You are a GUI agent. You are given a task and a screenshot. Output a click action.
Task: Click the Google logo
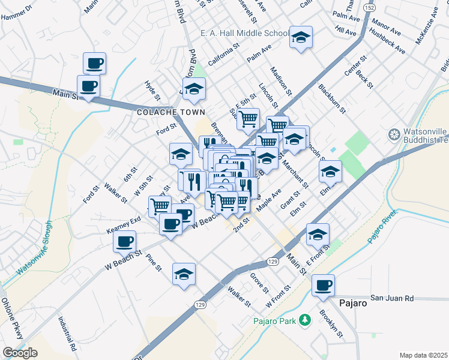20,353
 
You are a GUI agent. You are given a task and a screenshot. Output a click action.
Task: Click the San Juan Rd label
392,298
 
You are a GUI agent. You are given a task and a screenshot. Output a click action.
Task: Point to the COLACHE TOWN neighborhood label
171,112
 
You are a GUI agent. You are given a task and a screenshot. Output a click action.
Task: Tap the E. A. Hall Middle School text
244,34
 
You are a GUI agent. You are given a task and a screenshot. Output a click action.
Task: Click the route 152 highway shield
370,8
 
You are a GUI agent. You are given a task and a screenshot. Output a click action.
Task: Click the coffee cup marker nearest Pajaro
323,286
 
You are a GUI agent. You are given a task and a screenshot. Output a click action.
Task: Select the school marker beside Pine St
184,274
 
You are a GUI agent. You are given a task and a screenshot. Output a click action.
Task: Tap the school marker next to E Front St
318,235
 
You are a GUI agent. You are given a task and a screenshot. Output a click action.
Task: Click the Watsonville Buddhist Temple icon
394,134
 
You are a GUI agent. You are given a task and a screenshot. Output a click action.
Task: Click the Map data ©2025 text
423,355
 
